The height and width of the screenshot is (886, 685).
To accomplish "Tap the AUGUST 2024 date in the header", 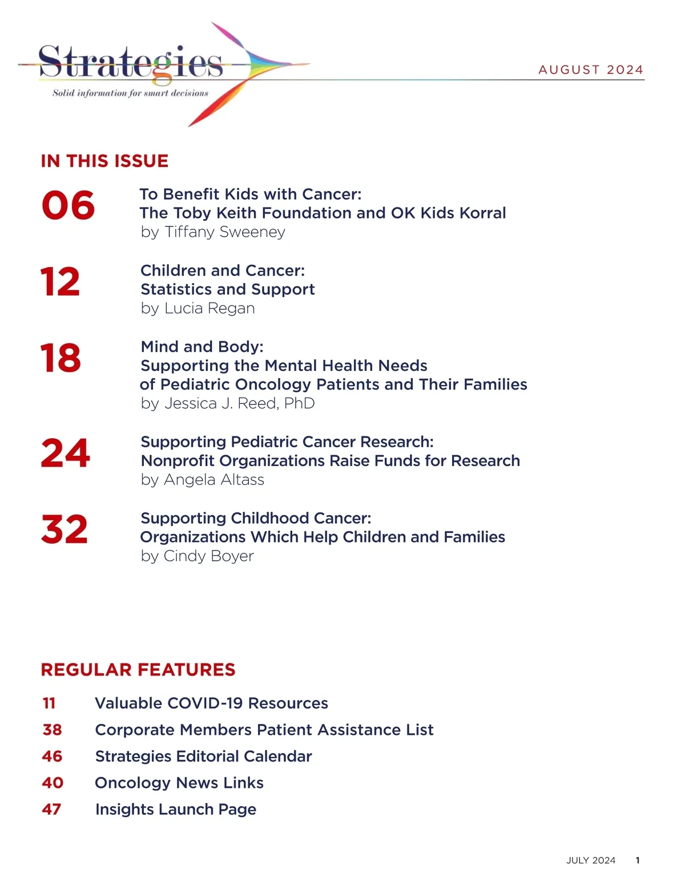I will [x=591, y=70].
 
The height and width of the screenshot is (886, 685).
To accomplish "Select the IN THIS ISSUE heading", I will [x=104, y=161].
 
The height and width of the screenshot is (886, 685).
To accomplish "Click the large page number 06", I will [x=68, y=205].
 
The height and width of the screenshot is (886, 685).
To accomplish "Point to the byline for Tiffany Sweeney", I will [x=213, y=232].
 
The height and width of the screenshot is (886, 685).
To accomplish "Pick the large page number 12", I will [x=61, y=282].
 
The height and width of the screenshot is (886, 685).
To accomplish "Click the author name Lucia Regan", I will [x=209, y=308].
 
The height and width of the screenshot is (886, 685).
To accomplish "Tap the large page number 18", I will [x=61, y=358].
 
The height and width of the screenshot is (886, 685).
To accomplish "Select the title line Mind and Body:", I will [x=202, y=347].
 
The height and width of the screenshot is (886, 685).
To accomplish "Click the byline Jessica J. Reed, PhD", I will [x=228, y=403].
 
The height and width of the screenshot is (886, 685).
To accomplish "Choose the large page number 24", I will [x=66, y=454].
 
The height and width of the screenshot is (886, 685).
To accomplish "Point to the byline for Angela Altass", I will [x=203, y=480].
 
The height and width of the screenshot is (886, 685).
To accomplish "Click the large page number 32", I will [x=65, y=529].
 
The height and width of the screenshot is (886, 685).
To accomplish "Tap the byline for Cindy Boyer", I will [x=198, y=556].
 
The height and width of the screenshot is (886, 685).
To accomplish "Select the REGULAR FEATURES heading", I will [x=138, y=670].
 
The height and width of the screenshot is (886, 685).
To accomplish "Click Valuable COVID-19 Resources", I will [x=211, y=703].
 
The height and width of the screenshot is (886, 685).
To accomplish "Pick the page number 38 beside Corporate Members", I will [x=52, y=730].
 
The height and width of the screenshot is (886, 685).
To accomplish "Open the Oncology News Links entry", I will [x=179, y=783].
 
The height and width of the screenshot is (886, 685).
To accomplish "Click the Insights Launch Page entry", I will [x=176, y=810].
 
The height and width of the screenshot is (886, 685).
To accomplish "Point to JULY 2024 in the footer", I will [x=591, y=860].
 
